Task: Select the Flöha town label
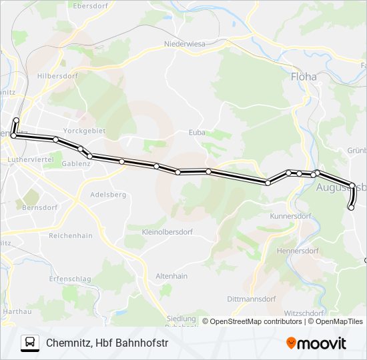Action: pos(304,77)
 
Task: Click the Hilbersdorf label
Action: pos(58,76)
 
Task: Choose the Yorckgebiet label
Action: pos(84,131)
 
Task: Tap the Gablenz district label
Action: pos(75,163)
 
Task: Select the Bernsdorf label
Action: pos(40,207)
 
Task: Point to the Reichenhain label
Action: pos(71,235)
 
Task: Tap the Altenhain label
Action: pos(171,275)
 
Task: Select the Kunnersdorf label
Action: pos(291,216)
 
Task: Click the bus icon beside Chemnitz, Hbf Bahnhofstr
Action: pos(30,343)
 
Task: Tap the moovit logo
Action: pos(316,343)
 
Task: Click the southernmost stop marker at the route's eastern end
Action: pos(351,208)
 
